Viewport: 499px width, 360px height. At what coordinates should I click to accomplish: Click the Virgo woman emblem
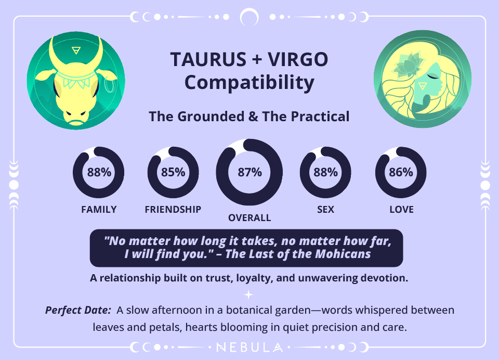tap(422, 79)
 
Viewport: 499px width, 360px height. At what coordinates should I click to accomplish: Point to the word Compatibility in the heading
tap(249, 83)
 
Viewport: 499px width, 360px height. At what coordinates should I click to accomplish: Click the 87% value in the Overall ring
tap(249, 173)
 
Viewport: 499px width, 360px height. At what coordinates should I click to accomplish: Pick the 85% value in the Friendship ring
tap(173, 173)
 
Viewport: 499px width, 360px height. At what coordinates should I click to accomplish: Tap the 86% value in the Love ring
tap(401, 173)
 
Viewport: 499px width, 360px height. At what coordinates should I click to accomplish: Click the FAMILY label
tap(99, 210)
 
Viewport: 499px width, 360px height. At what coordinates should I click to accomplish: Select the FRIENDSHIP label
tap(173, 210)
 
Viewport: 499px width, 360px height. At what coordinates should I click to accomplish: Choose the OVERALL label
tap(249, 218)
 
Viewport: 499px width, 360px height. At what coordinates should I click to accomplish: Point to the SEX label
tap(325, 210)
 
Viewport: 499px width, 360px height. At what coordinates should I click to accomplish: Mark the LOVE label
tap(401, 210)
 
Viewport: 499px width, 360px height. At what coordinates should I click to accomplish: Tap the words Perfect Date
tap(78, 311)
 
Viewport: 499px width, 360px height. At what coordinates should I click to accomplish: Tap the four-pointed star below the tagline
tap(249, 294)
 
